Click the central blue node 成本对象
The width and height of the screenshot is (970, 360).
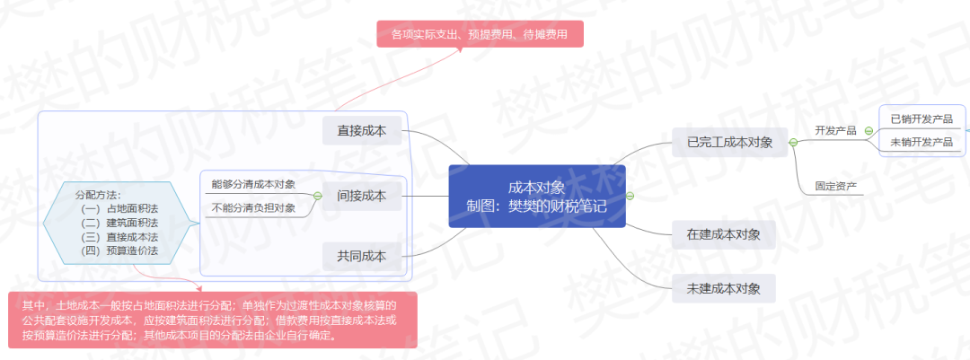click(x=537, y=196)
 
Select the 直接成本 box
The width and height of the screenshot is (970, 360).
click(x=362, y=130)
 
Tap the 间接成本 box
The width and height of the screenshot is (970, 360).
click(x=362, y=196)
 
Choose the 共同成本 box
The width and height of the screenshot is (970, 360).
click(x=362, y=256)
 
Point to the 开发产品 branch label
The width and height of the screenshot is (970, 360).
click(x=836, y=130)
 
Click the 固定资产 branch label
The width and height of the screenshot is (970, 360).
click(x=836, y=186)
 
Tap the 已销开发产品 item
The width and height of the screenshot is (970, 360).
click(x=921, y=119)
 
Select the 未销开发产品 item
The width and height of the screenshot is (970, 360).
click(x=921, y=142)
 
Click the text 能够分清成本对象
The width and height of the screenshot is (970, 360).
click(x=253, y=184)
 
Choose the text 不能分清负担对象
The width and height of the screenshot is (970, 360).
click(x=253, y=208)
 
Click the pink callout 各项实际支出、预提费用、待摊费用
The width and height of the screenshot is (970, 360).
click(x=480, y=33)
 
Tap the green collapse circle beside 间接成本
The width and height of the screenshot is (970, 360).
click(x=318, y=196)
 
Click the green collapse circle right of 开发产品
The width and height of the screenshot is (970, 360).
click(x=869, y=131)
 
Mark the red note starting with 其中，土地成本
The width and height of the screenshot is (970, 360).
click(x=213, y=320)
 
